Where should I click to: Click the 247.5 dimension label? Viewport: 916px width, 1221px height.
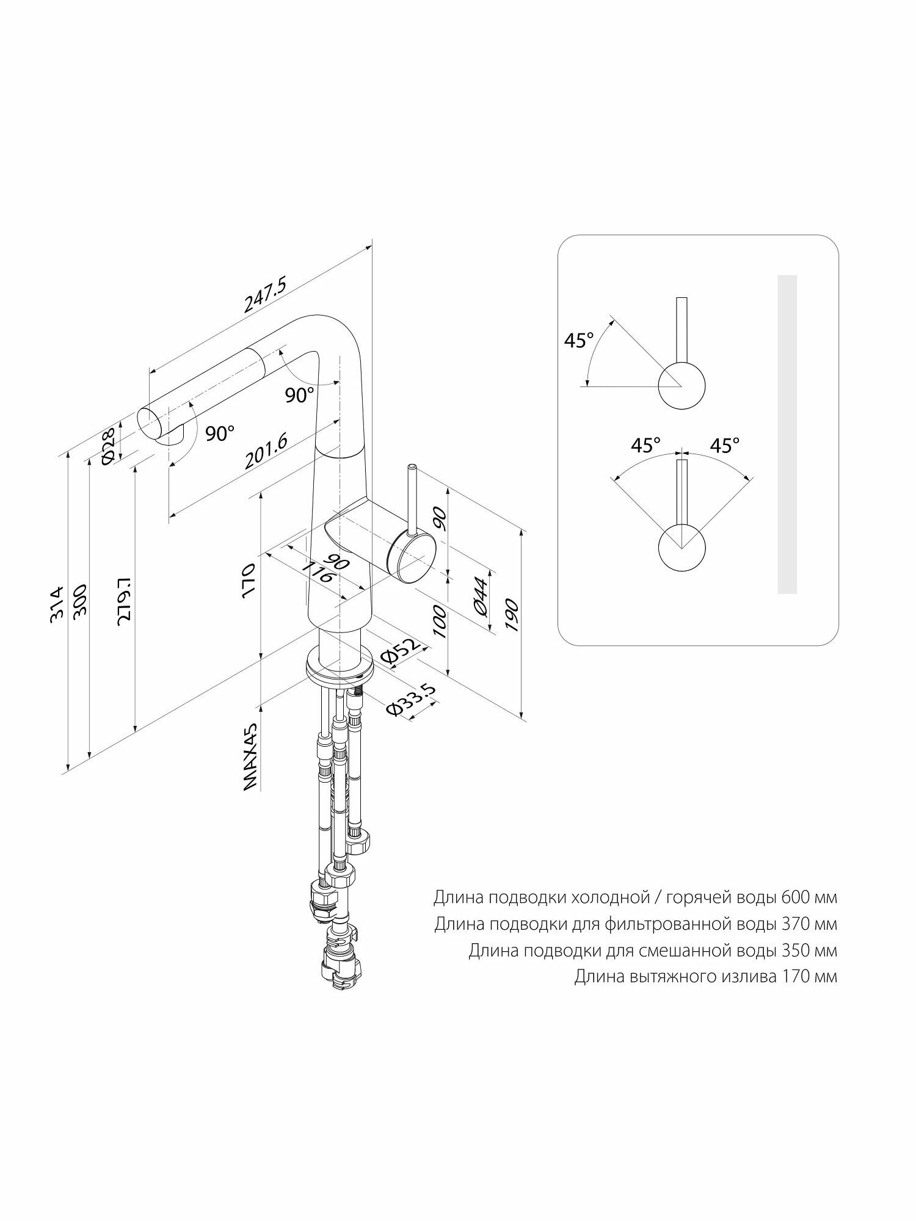[x=265, y=295]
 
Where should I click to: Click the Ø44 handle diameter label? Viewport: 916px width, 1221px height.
[x=480, y=596]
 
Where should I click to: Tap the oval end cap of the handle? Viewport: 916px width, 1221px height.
[x=410, y=554]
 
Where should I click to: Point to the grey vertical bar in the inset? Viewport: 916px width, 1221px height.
[x=787, y=434]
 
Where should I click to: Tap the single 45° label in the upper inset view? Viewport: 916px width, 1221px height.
[x=578, y=341]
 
